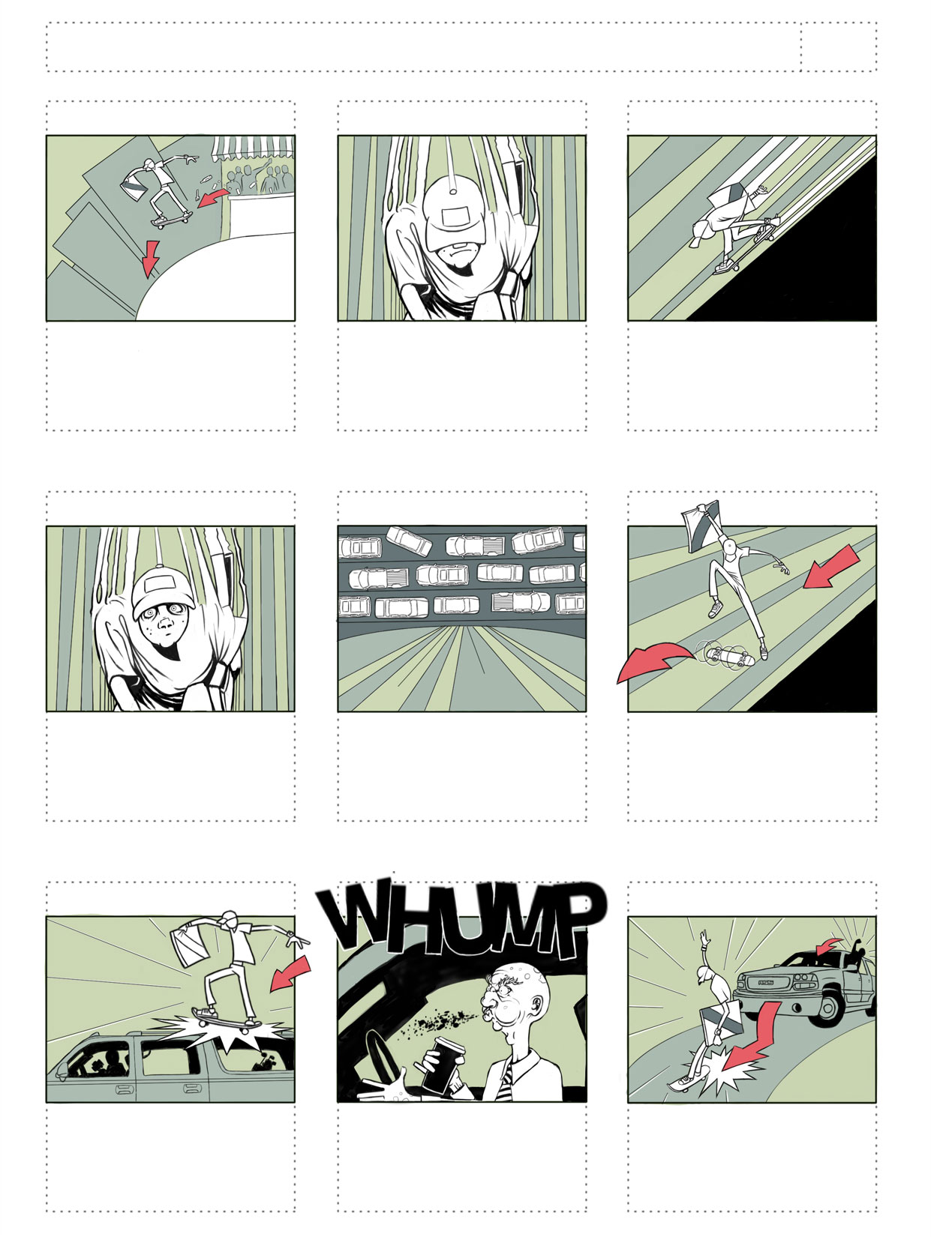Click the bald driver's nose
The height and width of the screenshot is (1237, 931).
[485, 999]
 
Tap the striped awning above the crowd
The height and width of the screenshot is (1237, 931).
[253, 147]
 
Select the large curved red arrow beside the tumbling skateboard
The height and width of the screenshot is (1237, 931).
[654, 662]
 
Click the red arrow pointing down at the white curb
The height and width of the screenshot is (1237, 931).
[150, 258]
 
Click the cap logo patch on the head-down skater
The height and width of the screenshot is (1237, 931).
[456, 217]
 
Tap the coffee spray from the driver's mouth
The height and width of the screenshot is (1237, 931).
[443, 1019]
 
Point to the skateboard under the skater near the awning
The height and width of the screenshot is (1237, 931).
[172, 219]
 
